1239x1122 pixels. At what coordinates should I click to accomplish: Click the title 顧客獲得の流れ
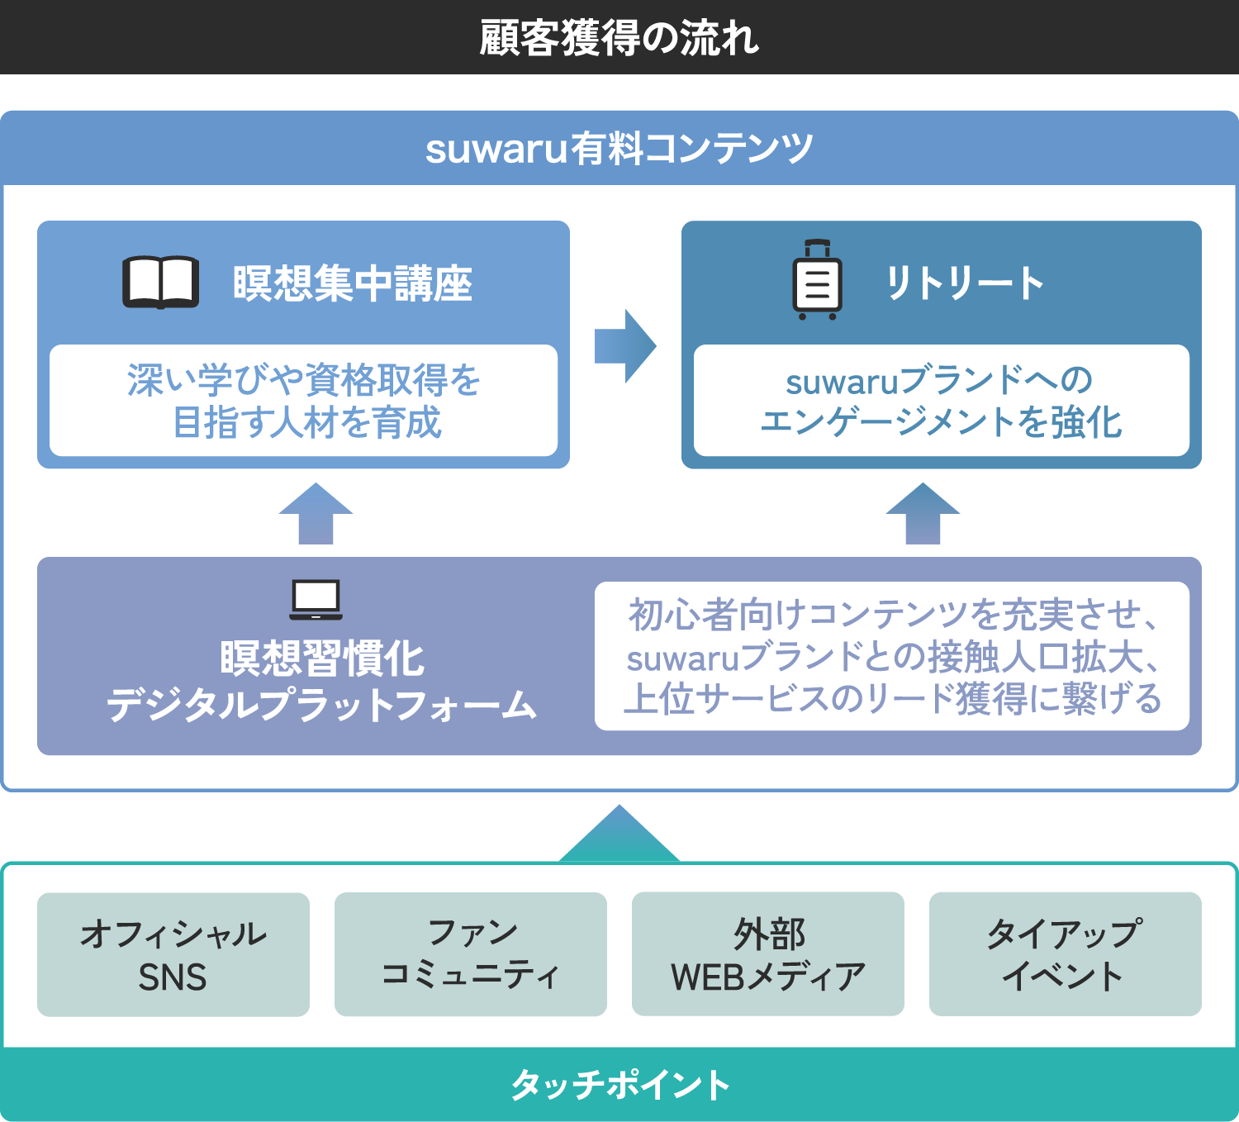pos(619,38)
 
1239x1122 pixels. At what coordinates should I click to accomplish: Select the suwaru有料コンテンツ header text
pos(619,149)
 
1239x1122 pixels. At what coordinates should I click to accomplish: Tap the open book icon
pos(161,283)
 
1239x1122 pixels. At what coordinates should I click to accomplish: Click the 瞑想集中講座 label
pos(353,283)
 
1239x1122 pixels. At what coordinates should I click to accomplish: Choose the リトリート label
pos(964,283)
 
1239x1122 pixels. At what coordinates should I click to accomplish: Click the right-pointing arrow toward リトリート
pos(625,346)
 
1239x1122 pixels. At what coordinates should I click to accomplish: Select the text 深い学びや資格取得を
pos(304,380)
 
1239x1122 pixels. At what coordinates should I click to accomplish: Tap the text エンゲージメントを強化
pos(941,422)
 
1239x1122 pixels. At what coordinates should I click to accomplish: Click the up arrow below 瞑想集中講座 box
pos(316,514)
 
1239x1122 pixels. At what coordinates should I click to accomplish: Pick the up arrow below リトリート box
pos(923,514)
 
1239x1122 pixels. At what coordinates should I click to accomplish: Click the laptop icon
pos(316,600)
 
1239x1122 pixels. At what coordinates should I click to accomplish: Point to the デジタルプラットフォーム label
pos(322,705)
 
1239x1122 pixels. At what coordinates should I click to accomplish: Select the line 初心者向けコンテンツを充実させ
pos(892,615)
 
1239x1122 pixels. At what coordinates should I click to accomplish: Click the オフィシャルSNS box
pos(173,954)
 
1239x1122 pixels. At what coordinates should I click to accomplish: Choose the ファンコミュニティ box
pos(471,954)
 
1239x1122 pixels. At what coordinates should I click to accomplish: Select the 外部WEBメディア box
pos(768,954)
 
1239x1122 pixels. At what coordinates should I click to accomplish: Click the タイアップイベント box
pos(1066,954)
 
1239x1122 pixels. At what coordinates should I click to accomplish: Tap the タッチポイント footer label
pos(619,1085)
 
